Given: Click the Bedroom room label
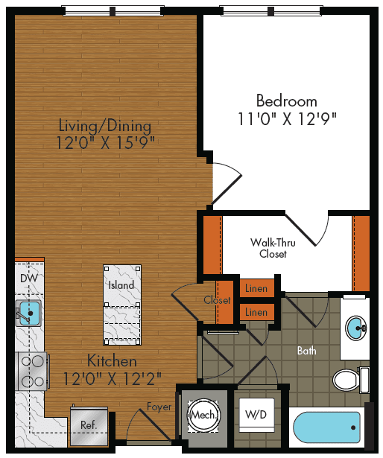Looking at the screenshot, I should click(286, 101).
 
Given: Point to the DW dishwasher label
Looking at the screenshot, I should click(28, 278).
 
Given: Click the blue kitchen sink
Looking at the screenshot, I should click(29, 312).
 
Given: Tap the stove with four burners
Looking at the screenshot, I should click(32, 370).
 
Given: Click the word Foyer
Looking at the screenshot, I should click(159, 407).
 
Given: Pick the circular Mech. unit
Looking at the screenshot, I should click(203, 415).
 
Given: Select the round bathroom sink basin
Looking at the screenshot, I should click(356, 326).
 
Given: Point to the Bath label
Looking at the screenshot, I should click(307, 350).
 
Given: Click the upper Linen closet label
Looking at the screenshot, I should click(256, 288).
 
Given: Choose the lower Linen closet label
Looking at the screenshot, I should click(256, 312).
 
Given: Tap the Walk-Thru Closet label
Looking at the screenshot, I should click(273, 248).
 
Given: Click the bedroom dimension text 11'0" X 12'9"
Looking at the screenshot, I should click(286, 119).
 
